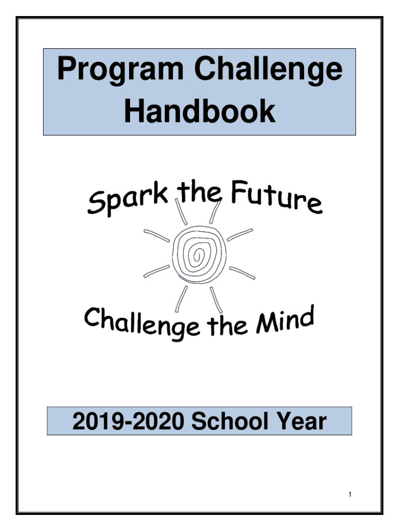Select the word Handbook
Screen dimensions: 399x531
[199, 111]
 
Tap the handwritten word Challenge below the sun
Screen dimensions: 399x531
[142, 324]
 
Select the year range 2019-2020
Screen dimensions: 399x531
[129, 421]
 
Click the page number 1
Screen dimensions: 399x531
[350, 494]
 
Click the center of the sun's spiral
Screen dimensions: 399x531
[198, 254]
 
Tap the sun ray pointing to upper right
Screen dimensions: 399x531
[239, 235]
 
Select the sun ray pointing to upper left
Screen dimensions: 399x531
[156, 236]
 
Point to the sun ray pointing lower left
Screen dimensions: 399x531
[156, 271]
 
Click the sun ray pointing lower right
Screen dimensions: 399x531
[242, 273]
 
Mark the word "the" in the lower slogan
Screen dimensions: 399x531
[227, 325]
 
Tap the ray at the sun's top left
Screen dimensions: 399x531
[181, 212]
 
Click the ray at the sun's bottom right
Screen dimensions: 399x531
[216, 300]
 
